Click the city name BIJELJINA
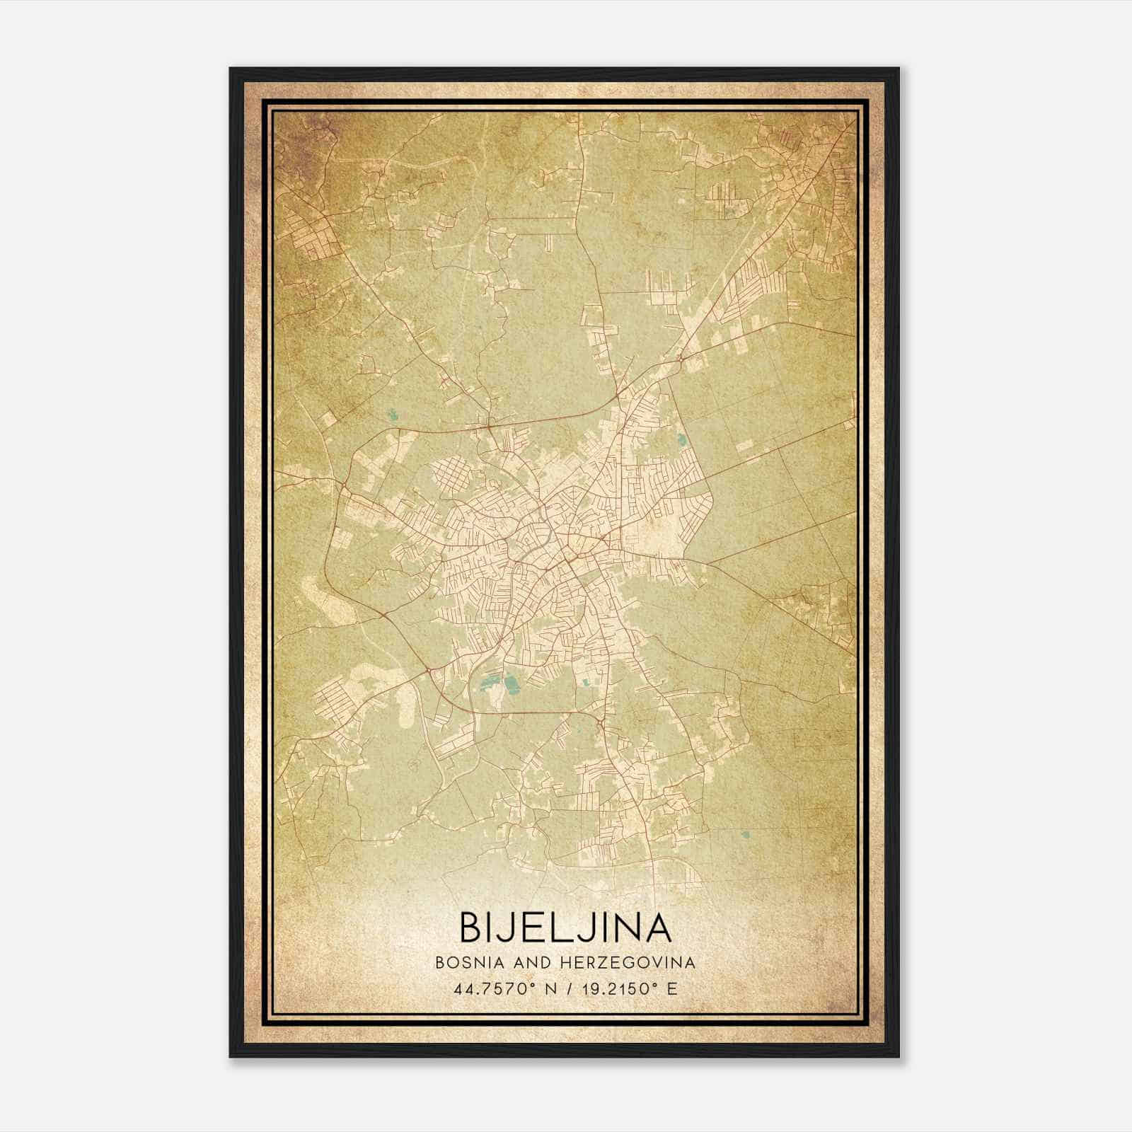[x=565, y=927]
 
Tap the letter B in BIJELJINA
[x=472, y=927]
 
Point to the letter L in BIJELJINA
[x=568, y=927]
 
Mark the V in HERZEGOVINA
[x=659, y=963]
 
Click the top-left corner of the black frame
[x=231, y=69]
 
